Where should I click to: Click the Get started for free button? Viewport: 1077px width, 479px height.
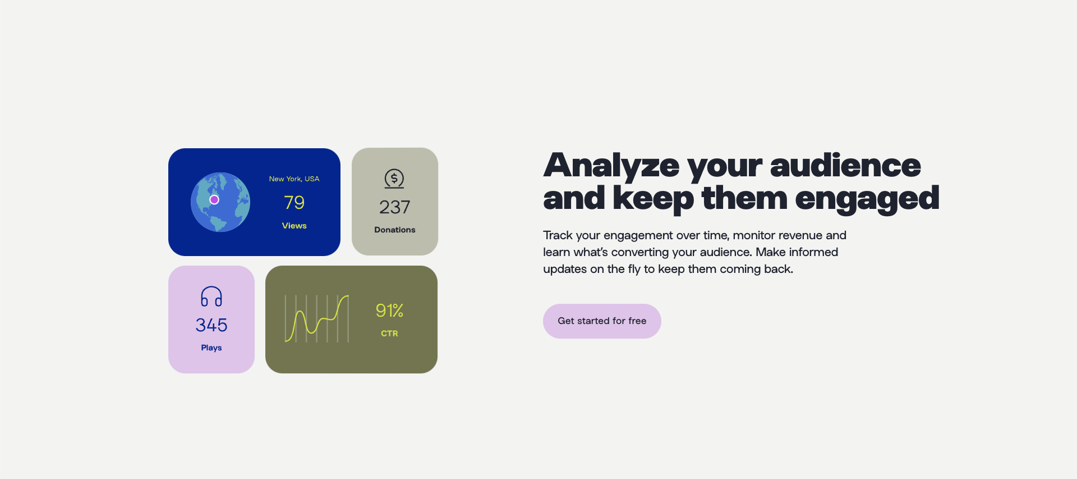point(602,321)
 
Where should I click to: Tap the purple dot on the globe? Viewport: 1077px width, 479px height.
point(214,200)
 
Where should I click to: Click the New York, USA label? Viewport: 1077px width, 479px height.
point(294,179)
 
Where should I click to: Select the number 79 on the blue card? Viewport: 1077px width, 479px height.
point(294,202)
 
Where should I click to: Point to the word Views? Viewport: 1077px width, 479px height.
point(294,226)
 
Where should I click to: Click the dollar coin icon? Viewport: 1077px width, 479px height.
point(394,179)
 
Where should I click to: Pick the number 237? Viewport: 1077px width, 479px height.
point(395,207)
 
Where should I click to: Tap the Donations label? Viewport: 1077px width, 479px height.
point(395,230)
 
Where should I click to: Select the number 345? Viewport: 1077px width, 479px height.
point(211,325)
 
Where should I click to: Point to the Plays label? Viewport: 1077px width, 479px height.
point(211,348)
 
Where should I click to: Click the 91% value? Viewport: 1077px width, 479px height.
point(389,311)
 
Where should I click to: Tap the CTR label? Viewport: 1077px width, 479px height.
point(389,334)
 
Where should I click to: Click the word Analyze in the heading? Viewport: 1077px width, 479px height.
point(611,166)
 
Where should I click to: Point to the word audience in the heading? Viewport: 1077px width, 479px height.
point(845,166)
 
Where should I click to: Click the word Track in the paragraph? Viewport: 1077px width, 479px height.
point(558,235)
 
